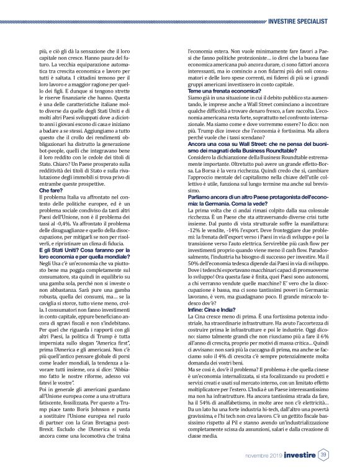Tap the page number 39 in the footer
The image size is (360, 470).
coord(323,456)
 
